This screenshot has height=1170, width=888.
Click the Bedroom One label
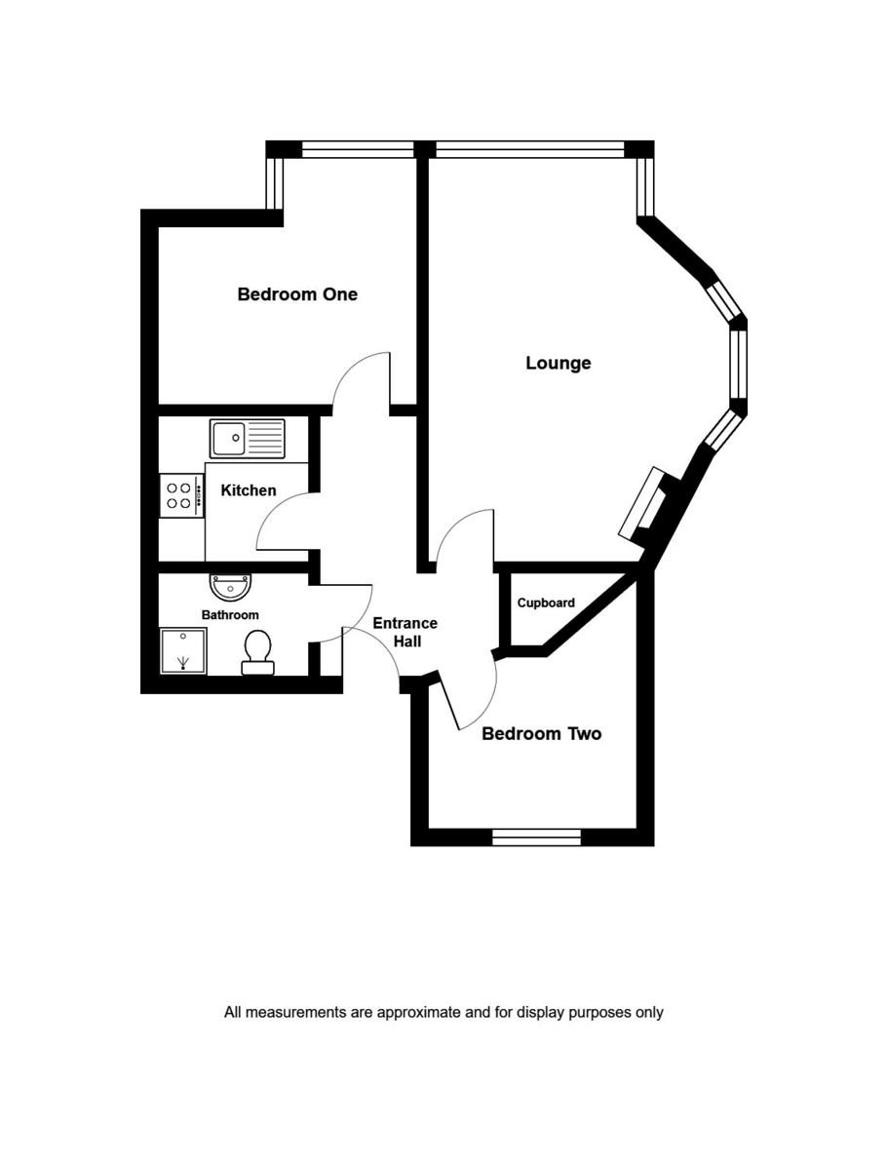297,293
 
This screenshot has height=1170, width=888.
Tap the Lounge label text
558,363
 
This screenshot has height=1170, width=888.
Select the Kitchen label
249,490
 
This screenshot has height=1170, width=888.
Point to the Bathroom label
230,615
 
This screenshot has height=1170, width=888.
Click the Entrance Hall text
405,632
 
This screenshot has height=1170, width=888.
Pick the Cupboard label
546,603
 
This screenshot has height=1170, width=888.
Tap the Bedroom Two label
541,733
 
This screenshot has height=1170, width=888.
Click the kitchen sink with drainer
247,438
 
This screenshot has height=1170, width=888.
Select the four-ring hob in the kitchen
181,495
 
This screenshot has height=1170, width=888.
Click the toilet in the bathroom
258,652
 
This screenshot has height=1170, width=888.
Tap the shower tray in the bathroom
183,650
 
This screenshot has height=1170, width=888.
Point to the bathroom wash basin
231,587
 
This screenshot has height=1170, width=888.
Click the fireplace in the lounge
645,503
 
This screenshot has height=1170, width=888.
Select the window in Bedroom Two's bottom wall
536,837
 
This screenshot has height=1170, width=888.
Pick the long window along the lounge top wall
528,149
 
